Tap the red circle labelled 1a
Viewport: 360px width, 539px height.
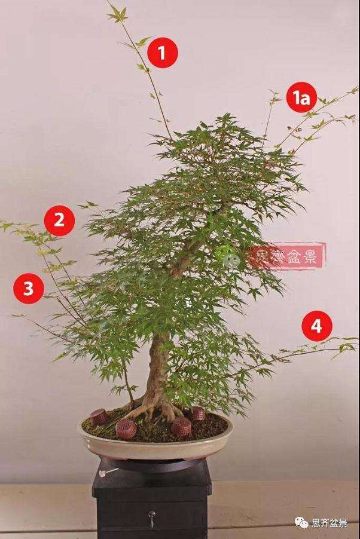(302, 98)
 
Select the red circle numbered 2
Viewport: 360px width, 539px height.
(59, 220)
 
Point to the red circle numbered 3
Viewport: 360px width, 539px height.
(29, 289)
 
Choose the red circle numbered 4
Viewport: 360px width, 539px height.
(316, 326)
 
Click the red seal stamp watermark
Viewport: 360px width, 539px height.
(288, 256)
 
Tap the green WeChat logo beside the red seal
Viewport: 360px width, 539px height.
(230, 256)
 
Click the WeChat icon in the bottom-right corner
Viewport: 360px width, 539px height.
(301, 523)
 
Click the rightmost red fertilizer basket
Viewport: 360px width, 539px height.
(198, 413)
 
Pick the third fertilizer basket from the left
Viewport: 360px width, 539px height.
(181, 427)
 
